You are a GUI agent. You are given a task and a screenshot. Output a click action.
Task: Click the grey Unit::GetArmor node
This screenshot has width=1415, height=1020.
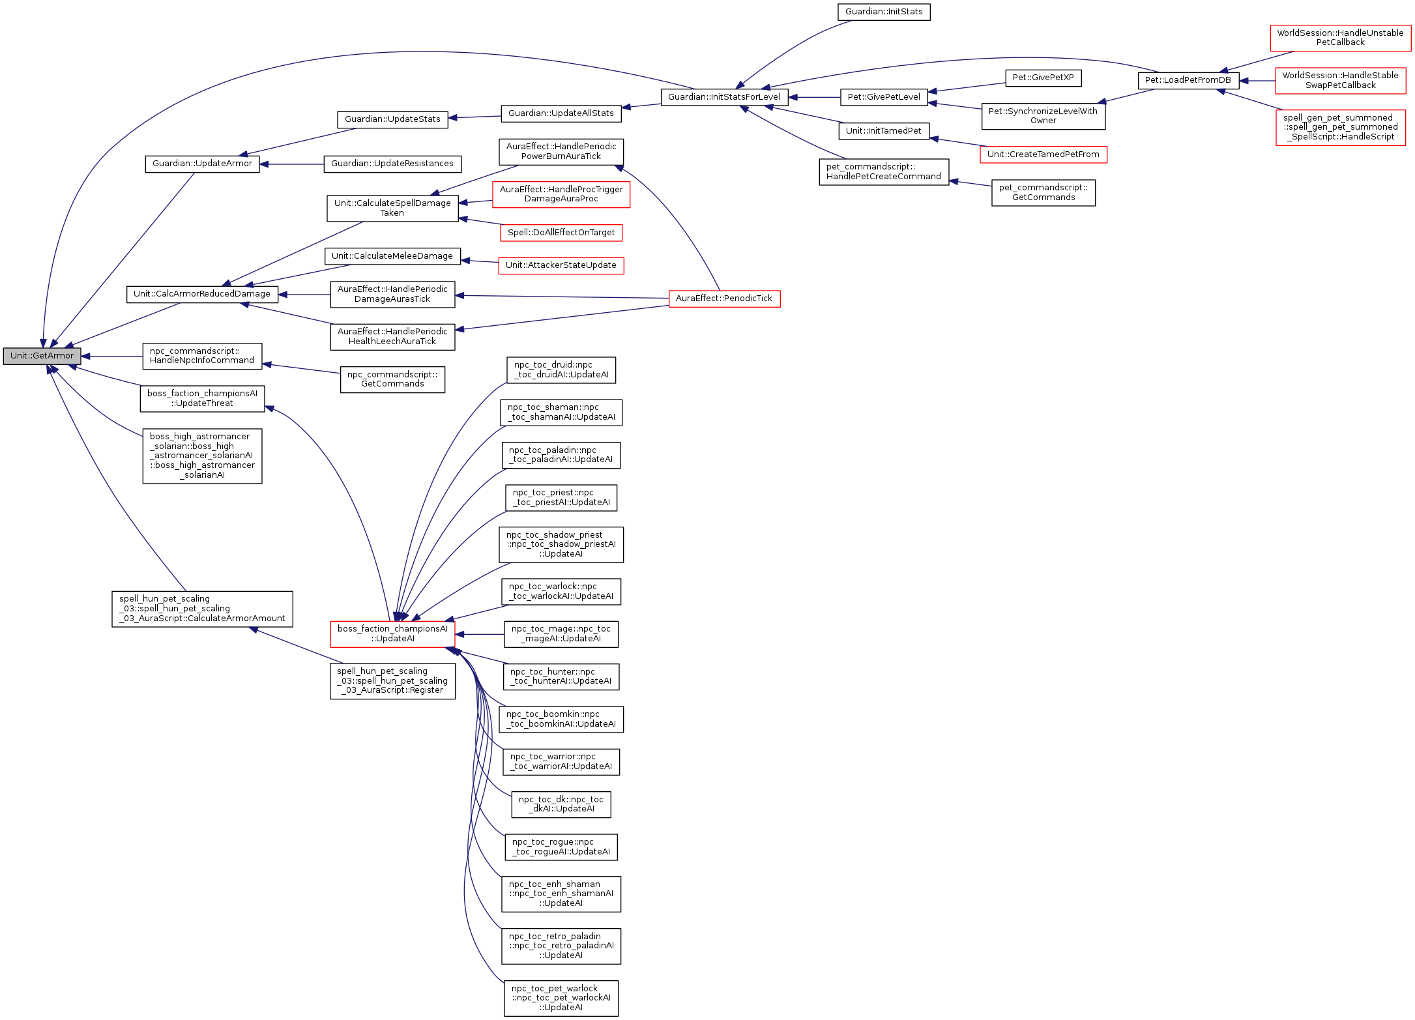coord(42,356)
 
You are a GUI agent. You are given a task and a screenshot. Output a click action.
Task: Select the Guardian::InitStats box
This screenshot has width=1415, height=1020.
coord(883,12)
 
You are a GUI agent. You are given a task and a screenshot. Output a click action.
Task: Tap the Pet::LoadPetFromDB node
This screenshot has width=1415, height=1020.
coord(1188,80)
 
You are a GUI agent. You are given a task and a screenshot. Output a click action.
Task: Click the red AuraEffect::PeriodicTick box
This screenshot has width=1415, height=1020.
coord(723,299)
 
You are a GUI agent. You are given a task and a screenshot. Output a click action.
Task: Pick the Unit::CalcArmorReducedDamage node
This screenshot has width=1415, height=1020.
coord(201,294)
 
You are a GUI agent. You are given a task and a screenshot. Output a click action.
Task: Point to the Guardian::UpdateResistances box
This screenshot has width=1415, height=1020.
coord(392,164)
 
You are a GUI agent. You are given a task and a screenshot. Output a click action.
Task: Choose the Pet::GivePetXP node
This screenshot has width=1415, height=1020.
coord(1043,78)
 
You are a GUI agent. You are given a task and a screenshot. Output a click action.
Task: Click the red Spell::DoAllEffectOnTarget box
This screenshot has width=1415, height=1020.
coord(561,233)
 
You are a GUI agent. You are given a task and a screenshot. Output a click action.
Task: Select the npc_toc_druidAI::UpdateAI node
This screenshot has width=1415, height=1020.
coord(561,370)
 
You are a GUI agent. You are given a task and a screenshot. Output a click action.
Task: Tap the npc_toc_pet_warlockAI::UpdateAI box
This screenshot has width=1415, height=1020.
coord(561,998)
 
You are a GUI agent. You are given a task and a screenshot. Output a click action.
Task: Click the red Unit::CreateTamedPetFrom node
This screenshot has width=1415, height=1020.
coord(1043,154)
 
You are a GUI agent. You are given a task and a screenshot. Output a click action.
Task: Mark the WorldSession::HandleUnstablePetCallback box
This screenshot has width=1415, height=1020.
coord(1339,38)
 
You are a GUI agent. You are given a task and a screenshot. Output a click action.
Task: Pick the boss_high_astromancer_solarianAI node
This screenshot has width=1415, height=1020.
coord(202,456)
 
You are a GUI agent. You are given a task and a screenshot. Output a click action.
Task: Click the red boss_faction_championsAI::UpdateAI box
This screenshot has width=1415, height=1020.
coord(392,634)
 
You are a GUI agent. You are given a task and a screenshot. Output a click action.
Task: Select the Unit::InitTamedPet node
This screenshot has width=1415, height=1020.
coord(883,131)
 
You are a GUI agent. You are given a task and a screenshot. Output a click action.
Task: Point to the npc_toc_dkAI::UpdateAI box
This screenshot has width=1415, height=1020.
coord(561,804)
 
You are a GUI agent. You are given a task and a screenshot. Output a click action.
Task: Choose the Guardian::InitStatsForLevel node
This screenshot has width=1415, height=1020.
coord(723,97)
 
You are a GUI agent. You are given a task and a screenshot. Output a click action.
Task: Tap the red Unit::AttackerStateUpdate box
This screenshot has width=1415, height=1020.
coord(561,265)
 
